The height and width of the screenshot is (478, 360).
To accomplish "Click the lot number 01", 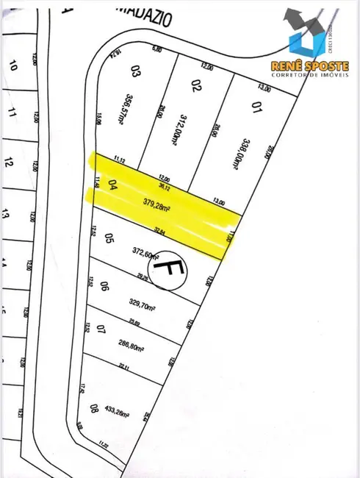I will pyautogui.click(x=256, y=110).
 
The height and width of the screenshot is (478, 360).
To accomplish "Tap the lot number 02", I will pyautogui.click(x=195, y=87).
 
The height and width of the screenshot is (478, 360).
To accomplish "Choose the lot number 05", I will pyautogui.click(x=108, y=238).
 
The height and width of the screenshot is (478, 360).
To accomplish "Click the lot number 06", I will pyautogui.click(x=104, y=288).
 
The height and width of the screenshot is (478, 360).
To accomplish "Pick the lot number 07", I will pyautogui.click(x=101, y=329).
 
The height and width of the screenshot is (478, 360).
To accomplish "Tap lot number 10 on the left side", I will pyautogui.click(x=12, y=65).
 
